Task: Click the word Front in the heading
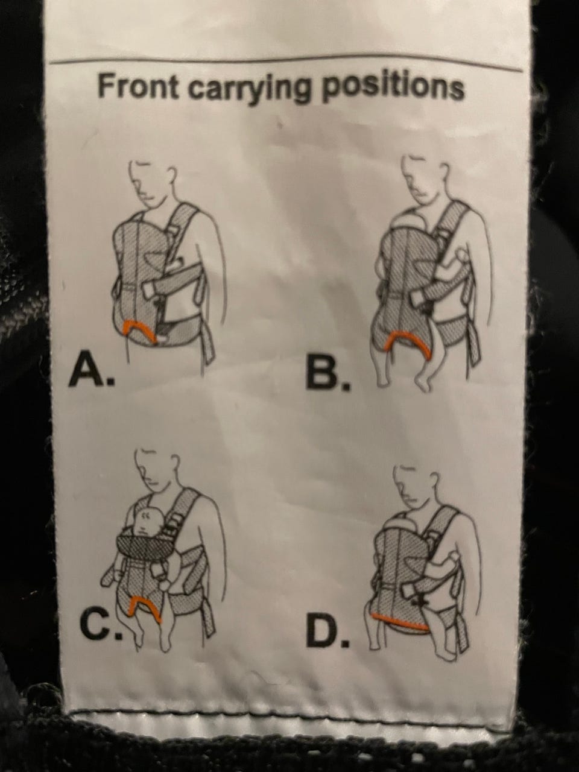point(138,86)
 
